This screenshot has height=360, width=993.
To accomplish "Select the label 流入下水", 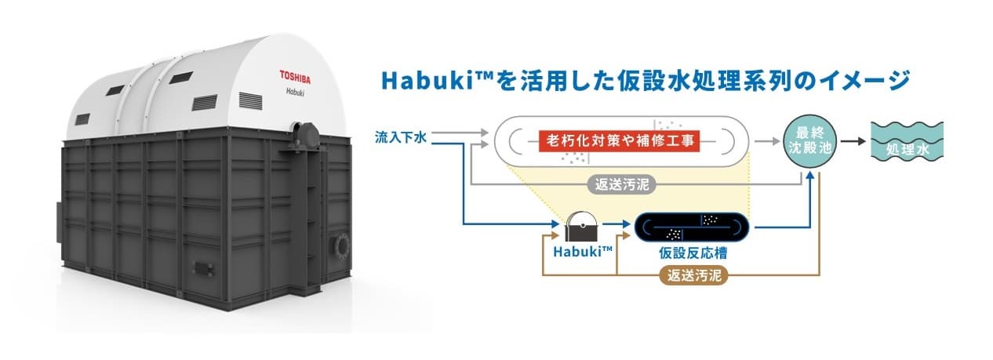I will click(400, 139).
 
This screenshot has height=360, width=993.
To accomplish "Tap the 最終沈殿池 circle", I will click(809, 143).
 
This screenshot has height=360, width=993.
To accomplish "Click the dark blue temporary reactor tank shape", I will click(691, 227).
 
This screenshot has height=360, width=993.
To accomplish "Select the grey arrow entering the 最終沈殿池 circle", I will click(766, 143).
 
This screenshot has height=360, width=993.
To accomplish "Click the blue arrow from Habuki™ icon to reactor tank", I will click(619, 227).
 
